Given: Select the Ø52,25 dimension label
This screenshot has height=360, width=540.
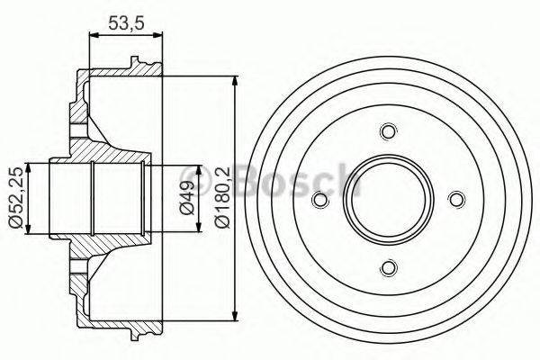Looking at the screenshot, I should point(14,198).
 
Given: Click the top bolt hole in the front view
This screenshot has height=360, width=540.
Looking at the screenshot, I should point(388,132).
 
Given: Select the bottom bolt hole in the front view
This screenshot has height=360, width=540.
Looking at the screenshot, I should point(388,266).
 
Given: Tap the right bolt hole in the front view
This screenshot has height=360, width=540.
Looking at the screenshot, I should point(455,200).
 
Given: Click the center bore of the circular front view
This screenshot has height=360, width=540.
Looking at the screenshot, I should point(388,200).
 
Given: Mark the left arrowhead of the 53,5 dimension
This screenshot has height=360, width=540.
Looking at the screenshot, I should point(92,37).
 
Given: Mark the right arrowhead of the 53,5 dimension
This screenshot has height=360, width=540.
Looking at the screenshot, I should point(162,37).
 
